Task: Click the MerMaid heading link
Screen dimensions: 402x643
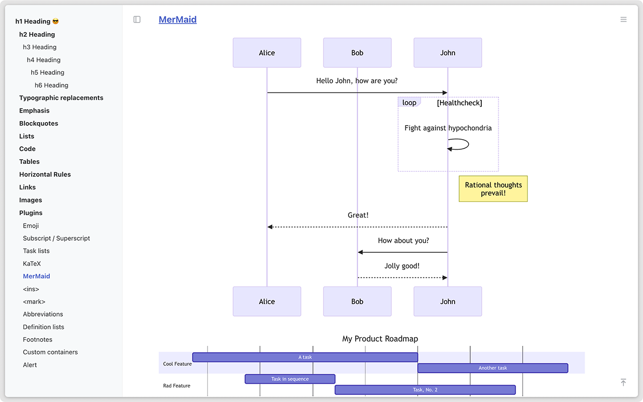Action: click(x=177, y=20)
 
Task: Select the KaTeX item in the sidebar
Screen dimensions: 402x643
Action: click(x=32, y=263)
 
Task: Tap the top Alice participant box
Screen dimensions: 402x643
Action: click(x=267, y=53)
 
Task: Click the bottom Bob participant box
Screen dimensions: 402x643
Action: click(x=357, y=301)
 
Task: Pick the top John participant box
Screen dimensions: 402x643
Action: click(x=448, y=53)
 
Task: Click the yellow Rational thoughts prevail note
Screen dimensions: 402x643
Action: click(x=493, y=189)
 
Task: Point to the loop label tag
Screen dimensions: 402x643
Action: click(x=409, y=103)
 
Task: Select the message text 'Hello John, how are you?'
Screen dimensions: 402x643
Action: click(x=357, y=80)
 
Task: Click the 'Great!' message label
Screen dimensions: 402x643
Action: click(x=358, y=215)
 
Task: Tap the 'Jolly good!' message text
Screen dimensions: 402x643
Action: click(x=402, y=266)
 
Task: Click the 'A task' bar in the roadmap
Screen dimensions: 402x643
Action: click(x=305, y=357)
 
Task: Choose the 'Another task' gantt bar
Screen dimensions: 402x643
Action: click(x=492, y=368)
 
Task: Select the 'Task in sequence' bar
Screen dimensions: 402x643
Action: click(x=290, y=379)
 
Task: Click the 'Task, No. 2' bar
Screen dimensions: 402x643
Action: click(x=425, y=389)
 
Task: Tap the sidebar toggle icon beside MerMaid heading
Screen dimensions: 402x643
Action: click(x=137, y=20)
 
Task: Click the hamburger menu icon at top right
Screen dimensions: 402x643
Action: click(x=623, y=20)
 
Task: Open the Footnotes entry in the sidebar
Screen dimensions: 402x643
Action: click(x=38, y=340)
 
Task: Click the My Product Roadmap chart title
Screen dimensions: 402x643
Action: click(x=380, y=339)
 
